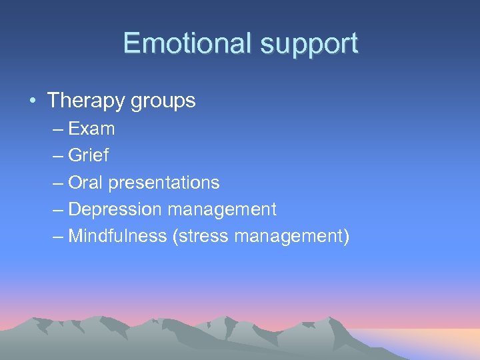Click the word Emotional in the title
(x=188, y=43)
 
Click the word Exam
(x=91, y=128)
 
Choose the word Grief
(x=88, y=155)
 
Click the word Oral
(x=85, y=182)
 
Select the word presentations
(x=163, y=183)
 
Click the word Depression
(x=115, y=209)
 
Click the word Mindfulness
(x=117, y=236)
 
